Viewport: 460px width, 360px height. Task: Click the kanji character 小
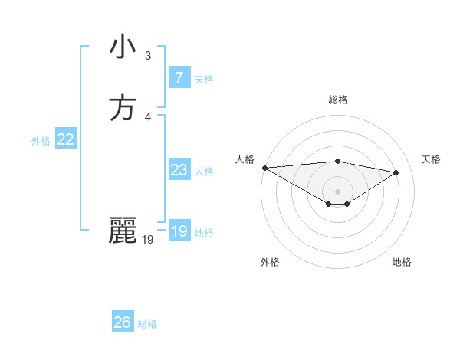[x=123, y=47]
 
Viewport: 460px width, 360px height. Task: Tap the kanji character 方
[x=123, y=108]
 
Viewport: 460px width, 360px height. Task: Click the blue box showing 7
[x=179, y=77]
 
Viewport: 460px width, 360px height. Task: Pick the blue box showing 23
[x=179, y=170]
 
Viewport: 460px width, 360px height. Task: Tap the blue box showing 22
[x=65, y=139]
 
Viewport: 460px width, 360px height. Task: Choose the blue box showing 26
[x=123, y=322]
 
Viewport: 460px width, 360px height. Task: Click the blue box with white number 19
[x=179, y=231]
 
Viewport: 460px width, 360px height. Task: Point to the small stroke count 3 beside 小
[x=148, y=56]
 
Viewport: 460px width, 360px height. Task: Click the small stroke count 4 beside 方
[x=148, y=117]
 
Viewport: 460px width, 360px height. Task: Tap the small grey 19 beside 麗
[x=148, y=240]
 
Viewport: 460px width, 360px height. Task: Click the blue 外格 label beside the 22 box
[x=41, y=141]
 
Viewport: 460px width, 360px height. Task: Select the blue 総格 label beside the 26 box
[x=147, y=324]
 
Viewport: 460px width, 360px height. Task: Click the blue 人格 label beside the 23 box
[x=204, y=172]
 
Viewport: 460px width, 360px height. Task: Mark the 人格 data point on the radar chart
[x=264, y=168]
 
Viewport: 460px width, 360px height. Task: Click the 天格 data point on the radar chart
[x=396, y=172]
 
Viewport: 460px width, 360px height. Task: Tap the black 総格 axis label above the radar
[x=337, y=100]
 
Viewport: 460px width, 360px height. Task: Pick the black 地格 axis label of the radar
[x=402, y=262]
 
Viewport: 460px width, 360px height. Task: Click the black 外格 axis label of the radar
[x=270, y=262]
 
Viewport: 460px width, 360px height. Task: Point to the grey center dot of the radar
[x=337, y=191]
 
